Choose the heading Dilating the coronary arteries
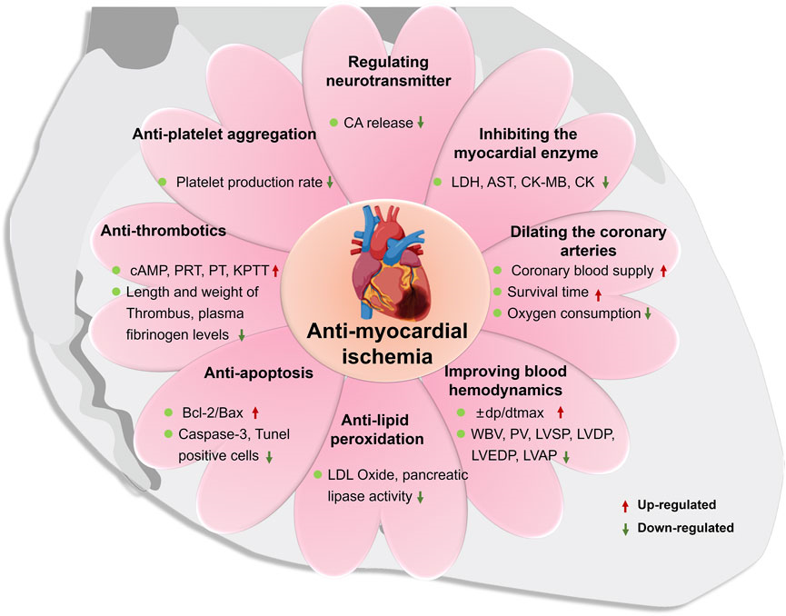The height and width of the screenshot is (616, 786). [583, 241]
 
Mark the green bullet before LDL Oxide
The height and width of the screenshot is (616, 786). [317, 474]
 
